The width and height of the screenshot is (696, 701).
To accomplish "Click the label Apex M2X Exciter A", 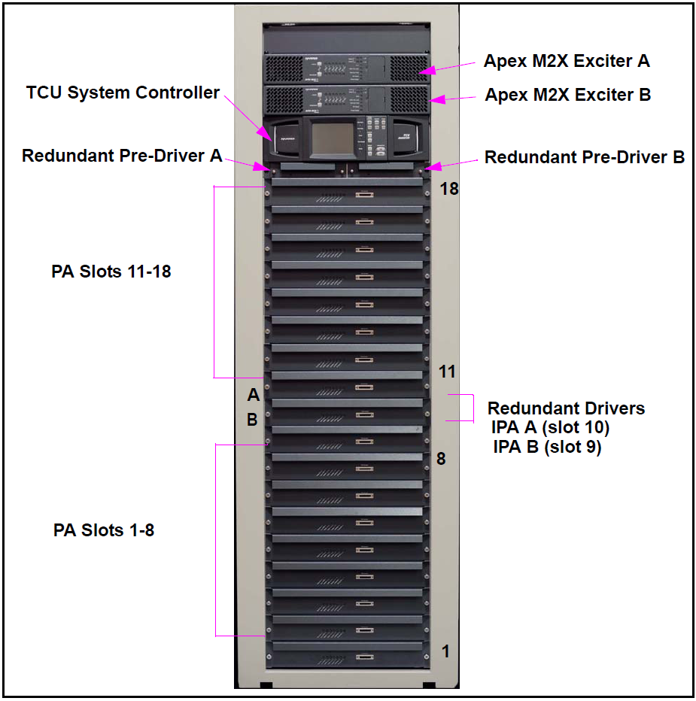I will [x=566, y=61].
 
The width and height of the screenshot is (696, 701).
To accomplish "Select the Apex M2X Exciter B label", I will [x=567, y=95].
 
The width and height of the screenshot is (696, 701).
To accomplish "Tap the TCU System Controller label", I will [x=123, y=93].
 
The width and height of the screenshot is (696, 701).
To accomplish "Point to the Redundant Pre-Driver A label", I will [x=122, y=156].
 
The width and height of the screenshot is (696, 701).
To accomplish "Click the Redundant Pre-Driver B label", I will [x=584, y=157].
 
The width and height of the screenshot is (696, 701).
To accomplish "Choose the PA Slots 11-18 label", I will [x=111, y=272].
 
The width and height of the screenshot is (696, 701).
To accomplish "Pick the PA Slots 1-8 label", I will [x=104, y=530].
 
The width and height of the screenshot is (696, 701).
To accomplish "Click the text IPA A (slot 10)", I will [x=549, y=428].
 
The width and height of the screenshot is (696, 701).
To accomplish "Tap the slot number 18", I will [x=449, y=188].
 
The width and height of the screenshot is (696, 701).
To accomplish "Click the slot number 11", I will [x=448, y=372].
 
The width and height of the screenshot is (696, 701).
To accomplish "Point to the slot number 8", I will [x=442, y=457].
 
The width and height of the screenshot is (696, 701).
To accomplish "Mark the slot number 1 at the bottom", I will [x=445, y=651].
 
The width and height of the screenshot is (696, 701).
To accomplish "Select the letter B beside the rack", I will [x=253, y=420].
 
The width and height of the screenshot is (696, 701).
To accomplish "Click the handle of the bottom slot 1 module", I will [x=365, y=657].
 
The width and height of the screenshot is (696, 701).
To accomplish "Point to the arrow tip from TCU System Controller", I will [x=273, y=140].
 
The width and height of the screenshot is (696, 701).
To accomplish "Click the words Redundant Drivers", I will [x=566, y=408].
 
